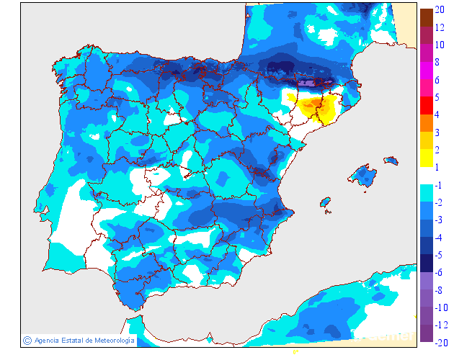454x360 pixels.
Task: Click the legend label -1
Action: (439, 185)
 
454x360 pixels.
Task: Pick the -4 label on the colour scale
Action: (439, 238)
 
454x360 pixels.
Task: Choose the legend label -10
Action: (442, 307)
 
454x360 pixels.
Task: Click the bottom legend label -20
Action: (442, 343)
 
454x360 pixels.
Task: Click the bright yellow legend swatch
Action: (426, 158)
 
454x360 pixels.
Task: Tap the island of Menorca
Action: (391, 159)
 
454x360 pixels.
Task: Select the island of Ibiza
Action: (326, 204)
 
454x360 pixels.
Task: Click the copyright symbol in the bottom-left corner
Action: (27, 340)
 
